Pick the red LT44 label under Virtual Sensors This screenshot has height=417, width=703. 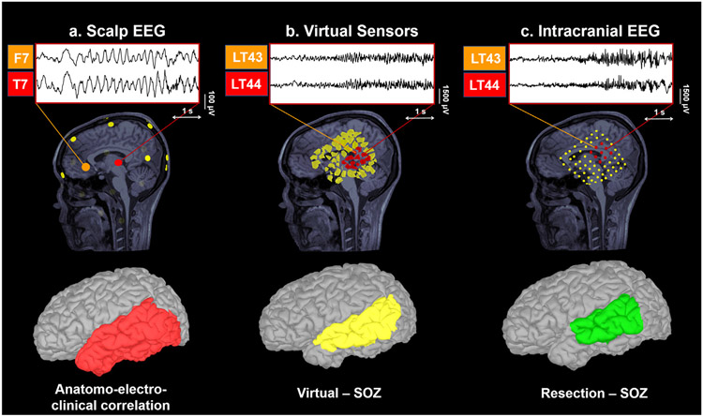(x=246, y=85)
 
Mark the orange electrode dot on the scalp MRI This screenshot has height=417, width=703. (x=86, y=166)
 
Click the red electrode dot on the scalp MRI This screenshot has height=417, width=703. (x=119, y=163)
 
